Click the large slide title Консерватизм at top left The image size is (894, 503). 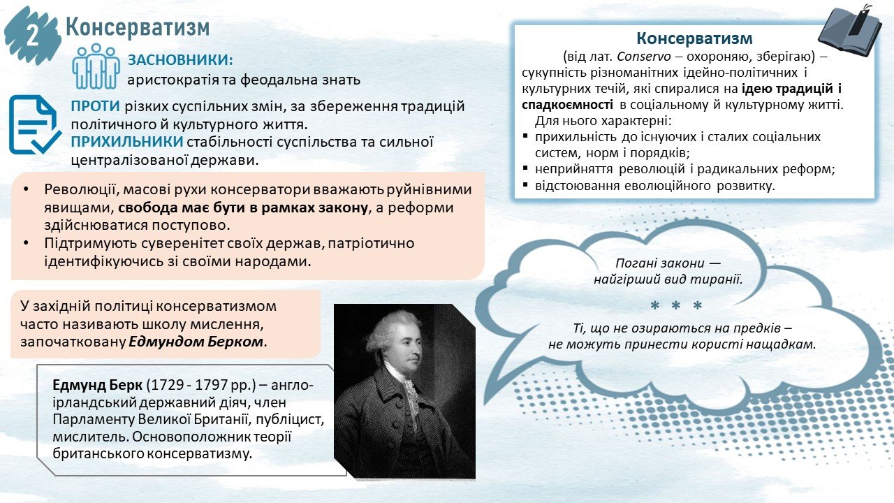[138, 27]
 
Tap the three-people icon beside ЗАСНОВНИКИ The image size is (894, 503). [96, 66]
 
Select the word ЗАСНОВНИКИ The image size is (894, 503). [179, 60]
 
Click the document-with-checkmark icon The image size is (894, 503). [34, 124]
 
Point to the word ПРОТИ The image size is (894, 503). [96, 107]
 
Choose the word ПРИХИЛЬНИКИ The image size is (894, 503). [127, 142]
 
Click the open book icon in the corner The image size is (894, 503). [850, 30]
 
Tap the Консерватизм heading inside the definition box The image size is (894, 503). [694, 38]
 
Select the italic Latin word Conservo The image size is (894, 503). [644, 57]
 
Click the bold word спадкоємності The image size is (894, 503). [568, 105]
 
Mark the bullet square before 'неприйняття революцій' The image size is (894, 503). [525, 168]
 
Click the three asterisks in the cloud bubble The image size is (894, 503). [676, 306]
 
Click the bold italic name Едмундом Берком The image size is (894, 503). [196, 342]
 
